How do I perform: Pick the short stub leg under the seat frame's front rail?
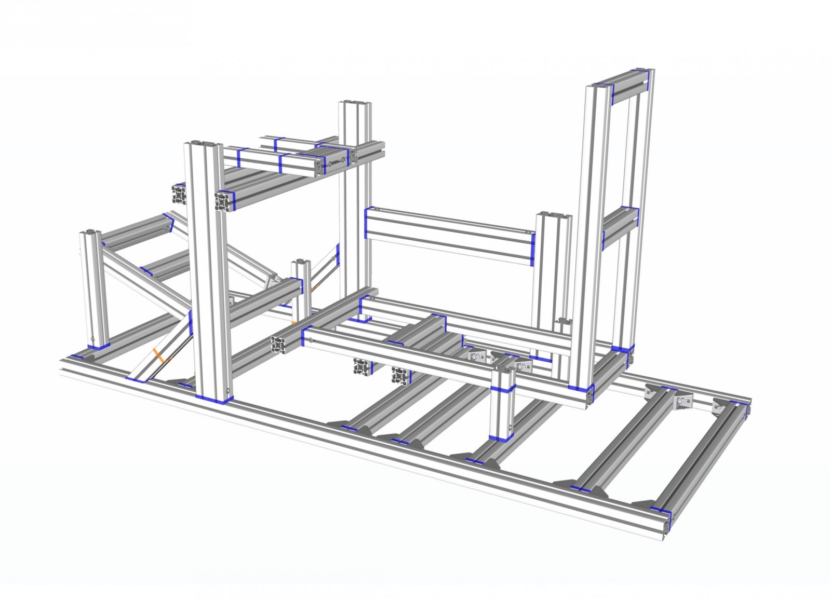502,410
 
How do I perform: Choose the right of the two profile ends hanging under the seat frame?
400,375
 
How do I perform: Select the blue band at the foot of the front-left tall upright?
214,399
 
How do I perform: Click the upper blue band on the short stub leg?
503,389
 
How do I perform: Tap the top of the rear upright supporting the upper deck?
354,104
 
